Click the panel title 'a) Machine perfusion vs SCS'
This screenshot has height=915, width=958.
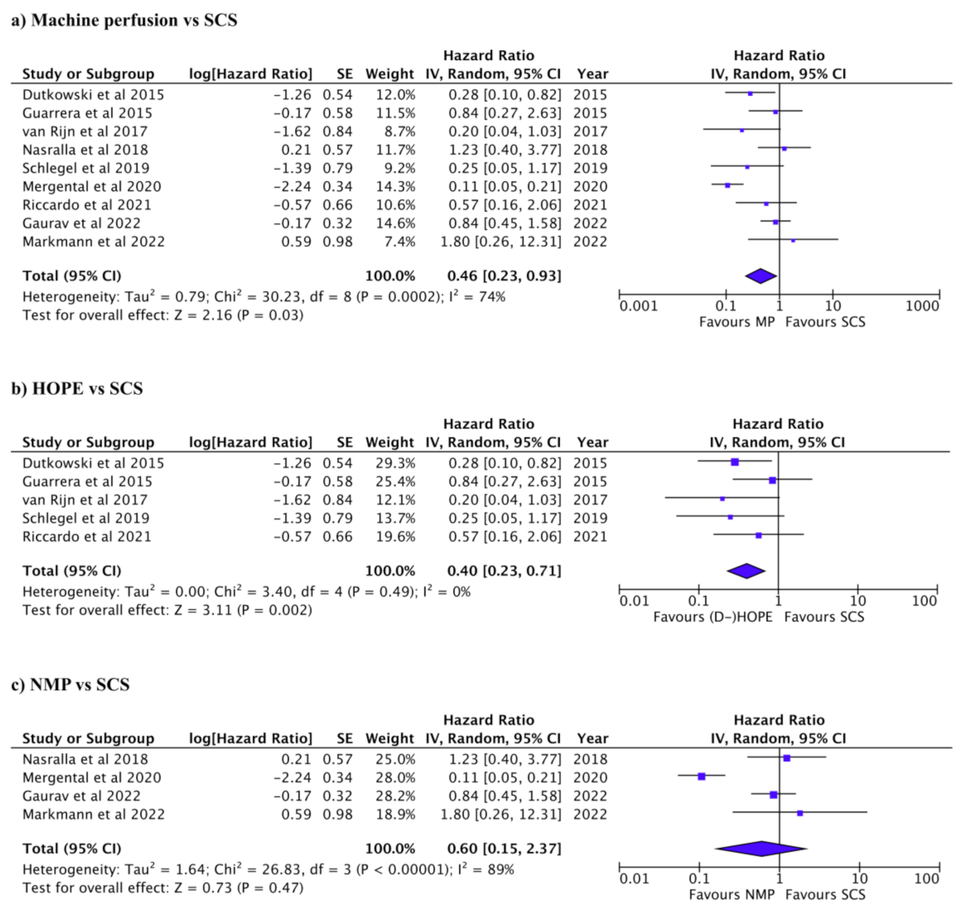(x=124, y=20)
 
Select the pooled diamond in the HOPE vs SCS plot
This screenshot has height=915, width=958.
(x=746, y=571)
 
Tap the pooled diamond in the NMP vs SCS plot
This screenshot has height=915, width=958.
(x=761, y=848)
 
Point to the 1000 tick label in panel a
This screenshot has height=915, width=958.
(x=922, y=306)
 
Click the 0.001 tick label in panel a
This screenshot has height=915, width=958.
(x=638, y=306)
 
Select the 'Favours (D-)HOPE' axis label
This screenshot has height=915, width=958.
(x=713, y=616)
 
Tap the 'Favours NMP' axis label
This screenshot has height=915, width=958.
(x=732, y=894)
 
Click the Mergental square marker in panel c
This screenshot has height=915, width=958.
(x=701, y=776)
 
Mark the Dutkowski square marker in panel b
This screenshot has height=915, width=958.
(x=734, y=462)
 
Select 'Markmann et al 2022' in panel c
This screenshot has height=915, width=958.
(x=94, y=814)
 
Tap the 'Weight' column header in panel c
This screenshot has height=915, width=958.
(x=390, y=738)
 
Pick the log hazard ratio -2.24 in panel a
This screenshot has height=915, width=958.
(x=292, y=186)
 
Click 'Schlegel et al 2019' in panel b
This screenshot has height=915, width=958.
(x=86, y=518)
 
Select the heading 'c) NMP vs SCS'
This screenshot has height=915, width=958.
(x=70, y=685)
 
